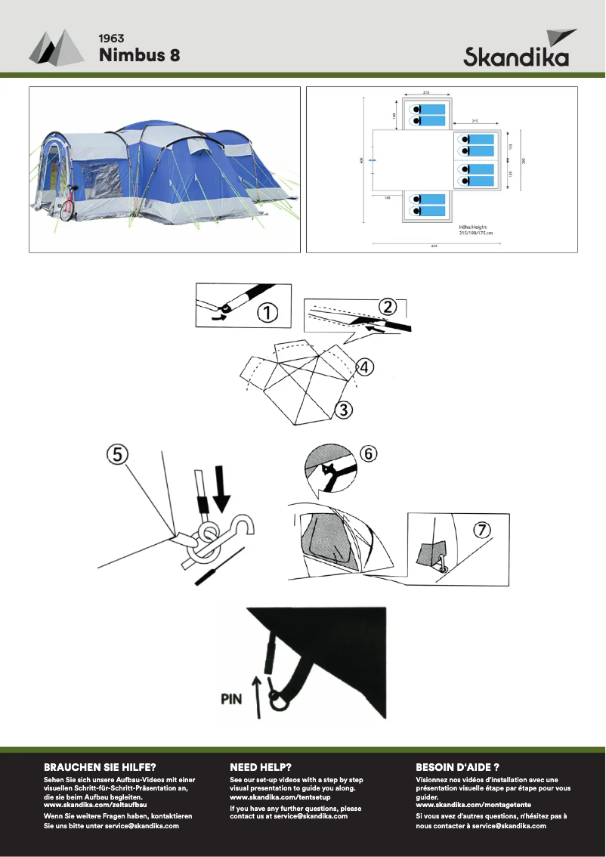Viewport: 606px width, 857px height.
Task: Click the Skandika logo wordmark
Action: click(x=516, y=57)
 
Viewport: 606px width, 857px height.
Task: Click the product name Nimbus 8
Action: click(x=139, y=55)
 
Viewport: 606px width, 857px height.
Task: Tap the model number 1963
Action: click(x=111, y=38)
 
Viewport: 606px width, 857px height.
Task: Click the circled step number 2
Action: click(x=387, y=307)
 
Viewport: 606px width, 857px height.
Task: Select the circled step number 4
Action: click(x=363, y=367)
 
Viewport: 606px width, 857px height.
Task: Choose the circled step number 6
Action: click(x=366, y=453)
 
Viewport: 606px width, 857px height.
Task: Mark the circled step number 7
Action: click(x=481, y=529)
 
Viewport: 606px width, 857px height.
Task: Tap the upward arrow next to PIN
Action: click(x=258, y=697)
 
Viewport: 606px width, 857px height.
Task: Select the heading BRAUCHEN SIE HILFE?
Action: click(x=100, y=766)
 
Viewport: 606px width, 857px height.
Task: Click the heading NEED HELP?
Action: click(x=261, y=766)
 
